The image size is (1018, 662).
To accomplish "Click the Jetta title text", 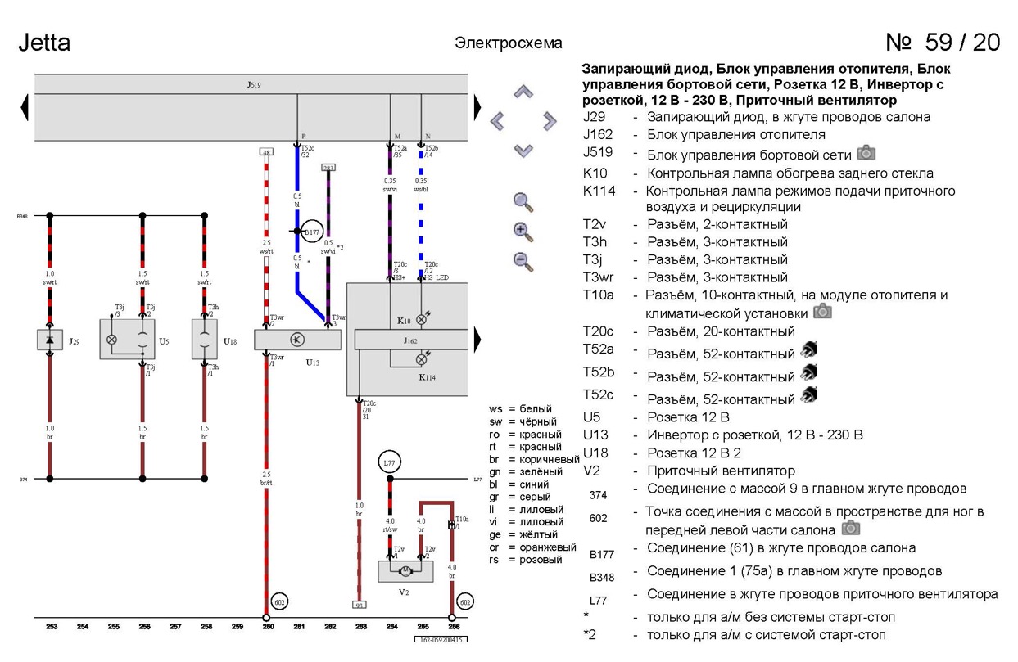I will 44,43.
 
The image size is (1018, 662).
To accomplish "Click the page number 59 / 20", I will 943,43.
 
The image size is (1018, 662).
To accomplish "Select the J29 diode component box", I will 50,340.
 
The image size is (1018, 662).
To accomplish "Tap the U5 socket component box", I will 128,339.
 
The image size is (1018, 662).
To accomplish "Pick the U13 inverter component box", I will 297,340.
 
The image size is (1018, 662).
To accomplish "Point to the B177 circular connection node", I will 311,232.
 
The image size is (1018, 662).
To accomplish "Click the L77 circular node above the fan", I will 389,463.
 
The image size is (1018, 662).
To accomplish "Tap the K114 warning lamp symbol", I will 422,359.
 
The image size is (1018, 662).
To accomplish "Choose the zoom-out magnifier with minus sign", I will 523,261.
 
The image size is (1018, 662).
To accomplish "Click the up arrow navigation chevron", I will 523,92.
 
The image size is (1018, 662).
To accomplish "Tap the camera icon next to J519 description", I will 866,153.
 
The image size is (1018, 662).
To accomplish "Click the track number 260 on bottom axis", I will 267,627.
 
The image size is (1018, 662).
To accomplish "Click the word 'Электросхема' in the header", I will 508,43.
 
